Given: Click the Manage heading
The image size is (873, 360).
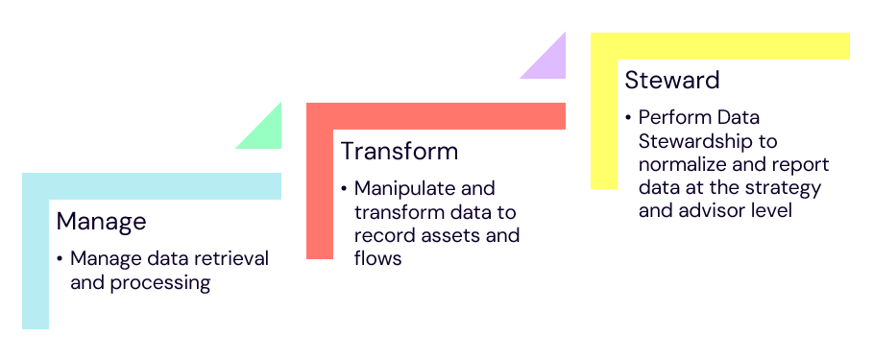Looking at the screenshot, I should point(101,222).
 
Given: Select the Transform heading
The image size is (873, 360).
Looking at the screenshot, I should point(399,152).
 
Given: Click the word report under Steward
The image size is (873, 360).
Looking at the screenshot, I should point(801,164).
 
